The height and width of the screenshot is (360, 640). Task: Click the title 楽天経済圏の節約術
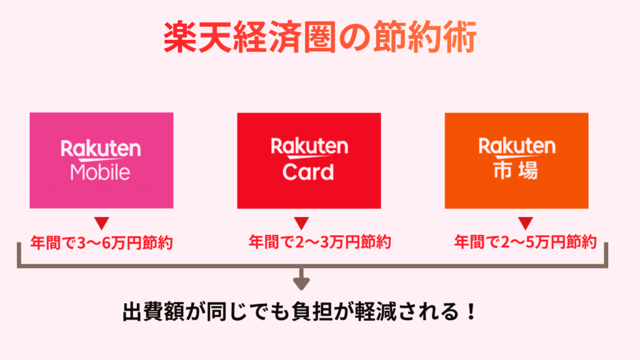[320, 38]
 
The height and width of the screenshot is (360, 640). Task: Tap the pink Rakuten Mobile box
[101, 161]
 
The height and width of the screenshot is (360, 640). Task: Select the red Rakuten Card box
[309, 161]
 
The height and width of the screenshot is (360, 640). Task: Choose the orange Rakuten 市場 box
[516, 161]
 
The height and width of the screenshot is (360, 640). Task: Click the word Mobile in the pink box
[101, 172]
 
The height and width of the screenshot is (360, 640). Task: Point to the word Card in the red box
[308, 171]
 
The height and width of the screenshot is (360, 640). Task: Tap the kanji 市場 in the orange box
[516, 171]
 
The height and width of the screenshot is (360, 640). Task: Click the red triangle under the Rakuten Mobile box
[101, 222]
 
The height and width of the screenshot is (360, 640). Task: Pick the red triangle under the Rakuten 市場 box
[525, 222]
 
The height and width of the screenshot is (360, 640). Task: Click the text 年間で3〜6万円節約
[101, 242]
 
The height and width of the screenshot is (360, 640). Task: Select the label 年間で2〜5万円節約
[525, 241]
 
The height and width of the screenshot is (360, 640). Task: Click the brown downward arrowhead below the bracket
[302, 284]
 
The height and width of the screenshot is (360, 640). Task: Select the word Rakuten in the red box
[309, 147]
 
